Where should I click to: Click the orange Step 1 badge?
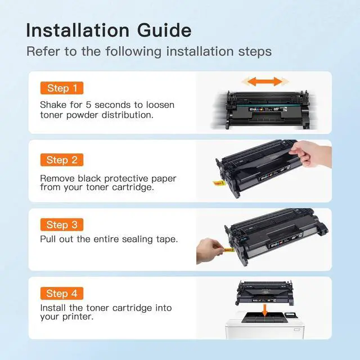coord(61,88)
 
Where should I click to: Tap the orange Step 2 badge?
coord(61,160)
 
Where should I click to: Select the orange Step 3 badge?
coord(61,225)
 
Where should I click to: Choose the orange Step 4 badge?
coord(61,294)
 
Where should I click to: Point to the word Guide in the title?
coord(163,30)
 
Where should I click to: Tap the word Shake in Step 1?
coord(53,105)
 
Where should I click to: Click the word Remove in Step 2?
coord(57,178)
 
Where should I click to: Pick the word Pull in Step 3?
coord(49,239)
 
